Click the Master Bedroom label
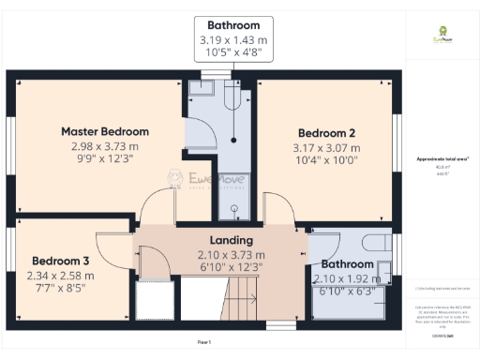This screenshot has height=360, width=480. [x=105, y=131]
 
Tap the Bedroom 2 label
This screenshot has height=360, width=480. [x=326, y=132]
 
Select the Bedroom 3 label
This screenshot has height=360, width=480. [x=61, y=261]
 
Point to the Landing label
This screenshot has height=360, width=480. [x=231, y=240]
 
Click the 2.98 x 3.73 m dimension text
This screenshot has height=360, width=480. [x=105, y=146]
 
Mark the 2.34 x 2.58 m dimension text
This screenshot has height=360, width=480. [x=62, y=276]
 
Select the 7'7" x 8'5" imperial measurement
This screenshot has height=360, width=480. [x=62, y=290]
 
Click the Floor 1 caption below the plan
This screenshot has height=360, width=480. [x=204, y=342]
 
